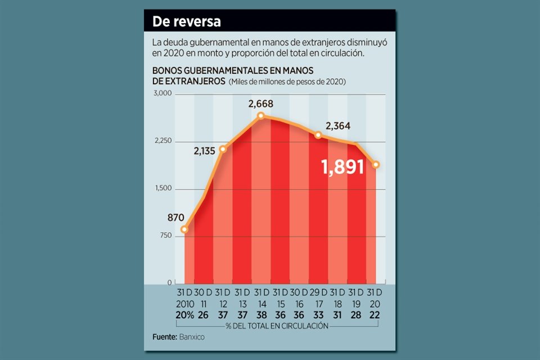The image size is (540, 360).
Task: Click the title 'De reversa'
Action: [x=186, y=22]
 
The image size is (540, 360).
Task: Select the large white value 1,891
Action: [x=343, y=166]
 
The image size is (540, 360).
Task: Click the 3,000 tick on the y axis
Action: [x=163, y=93]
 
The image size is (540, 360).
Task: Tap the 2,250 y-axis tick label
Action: [x=163, y=141]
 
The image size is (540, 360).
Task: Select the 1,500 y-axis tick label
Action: [x=163, y=188]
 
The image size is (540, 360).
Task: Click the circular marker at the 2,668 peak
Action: [x=261, y=116]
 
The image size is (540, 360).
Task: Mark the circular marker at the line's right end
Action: [x=376, y=164]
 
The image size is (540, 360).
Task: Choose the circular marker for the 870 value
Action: [x=184, y=229]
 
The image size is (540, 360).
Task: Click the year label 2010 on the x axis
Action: [x=184, y=304]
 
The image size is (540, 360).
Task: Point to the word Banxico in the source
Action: [x=192, y=337]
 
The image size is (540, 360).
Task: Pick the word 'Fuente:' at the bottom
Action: [x=164, y=337]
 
